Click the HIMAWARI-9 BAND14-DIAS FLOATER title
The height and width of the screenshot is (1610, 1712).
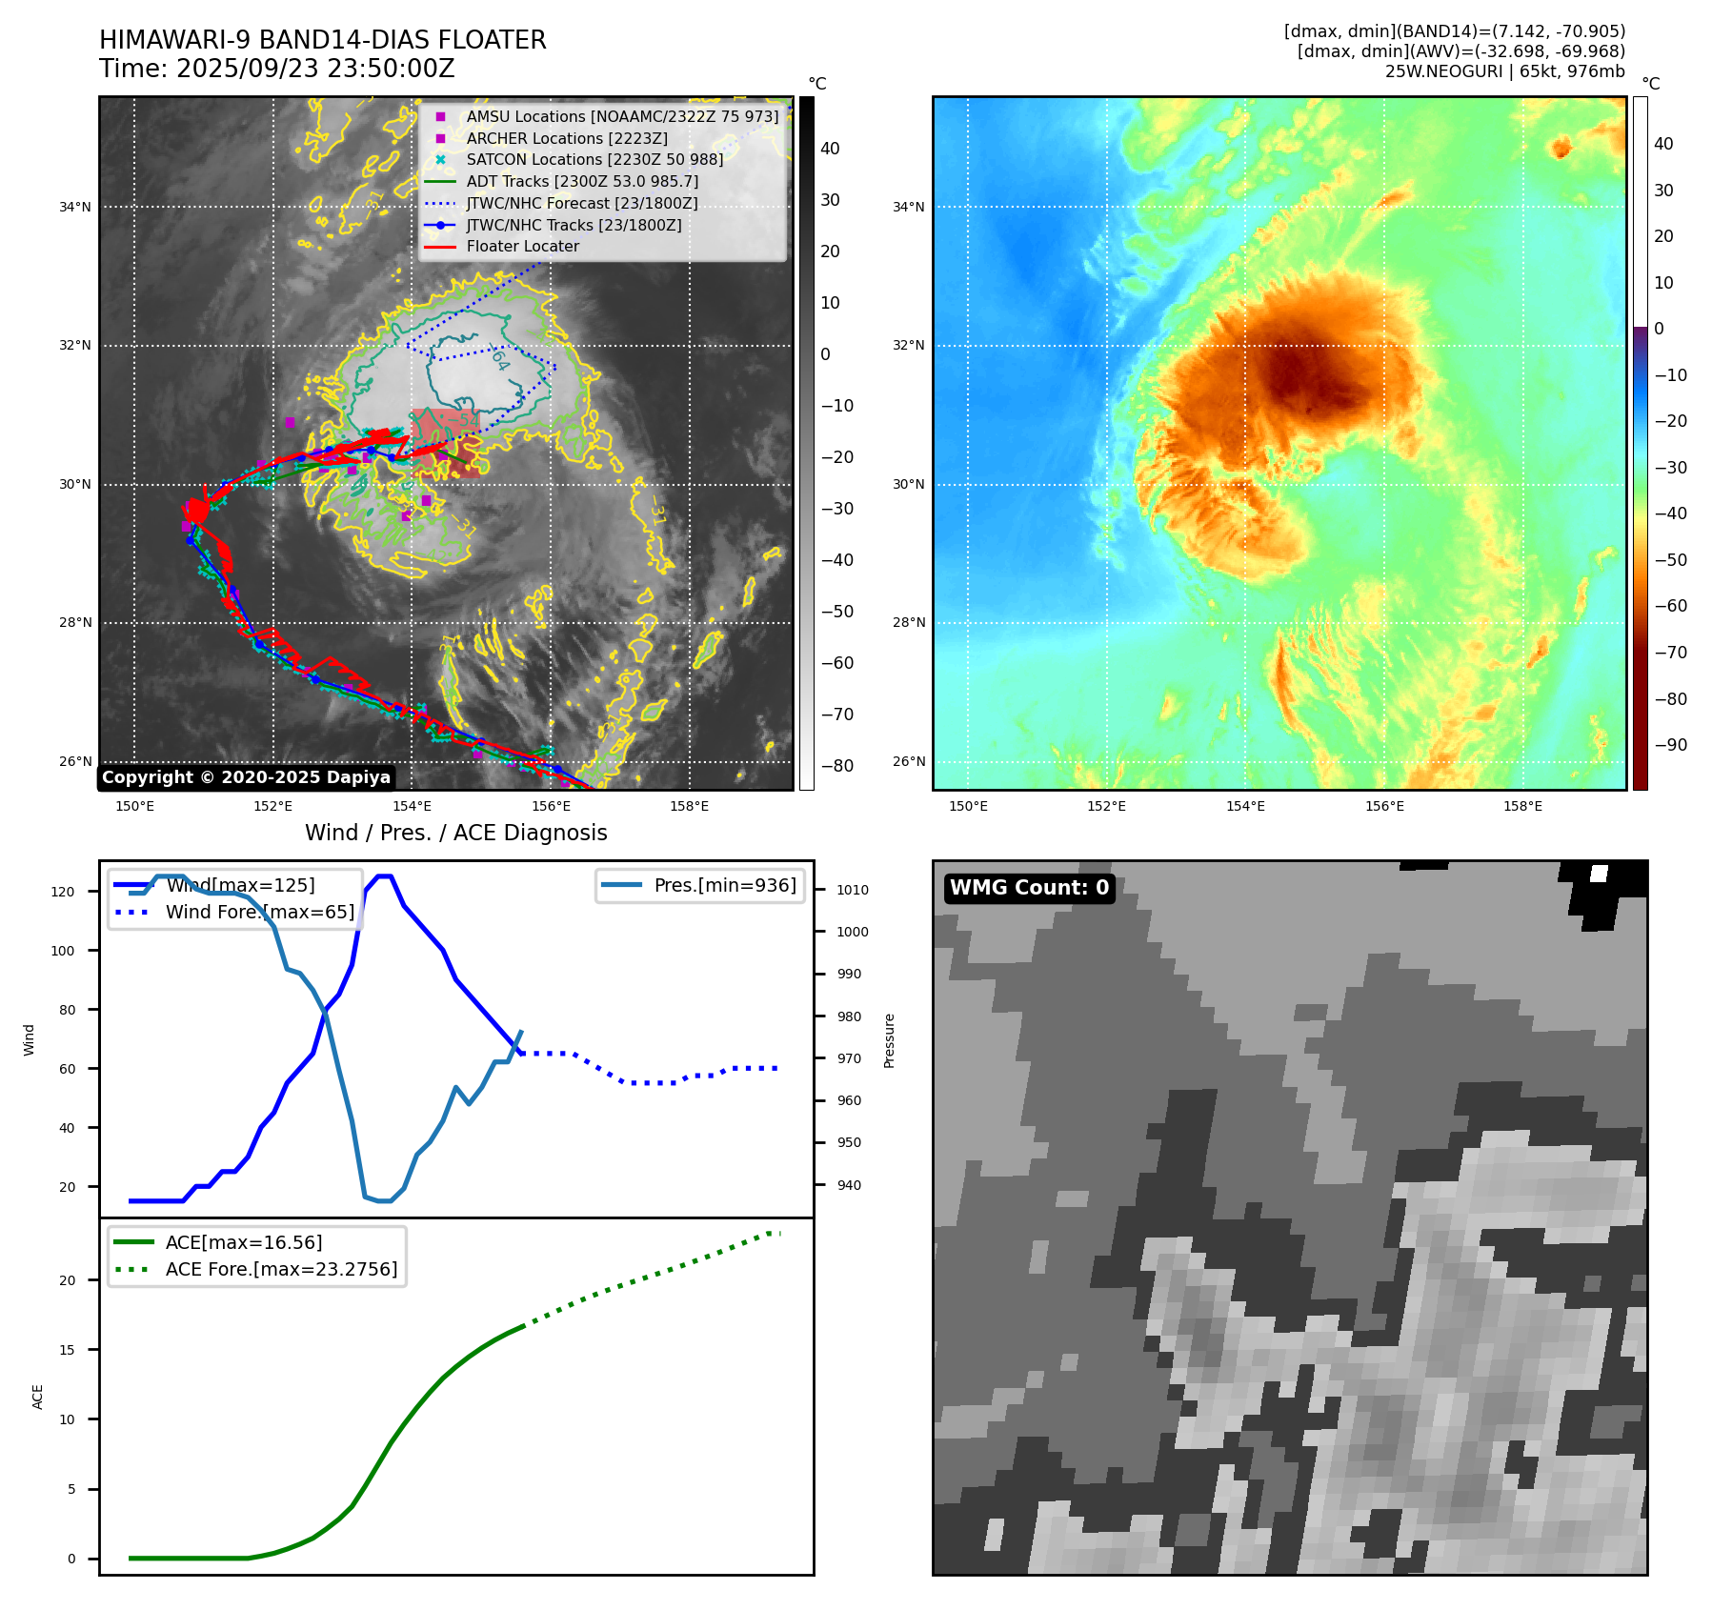pos(322,40)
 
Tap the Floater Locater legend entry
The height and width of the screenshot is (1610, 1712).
pos(522,247)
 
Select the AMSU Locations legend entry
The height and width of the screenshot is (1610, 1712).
pos(621,116)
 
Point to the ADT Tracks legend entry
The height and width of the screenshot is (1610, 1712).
pos(582,181)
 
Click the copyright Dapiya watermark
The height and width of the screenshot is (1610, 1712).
pos(246,777)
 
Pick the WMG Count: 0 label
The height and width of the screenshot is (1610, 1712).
pos(1029,888)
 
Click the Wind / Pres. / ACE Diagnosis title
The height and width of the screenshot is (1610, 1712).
pos(455,833)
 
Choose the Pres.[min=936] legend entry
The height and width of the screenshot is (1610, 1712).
pos(724,885)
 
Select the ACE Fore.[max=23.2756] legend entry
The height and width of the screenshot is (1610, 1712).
pos(281,1269)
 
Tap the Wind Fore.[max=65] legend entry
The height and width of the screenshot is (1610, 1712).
pos(259,912)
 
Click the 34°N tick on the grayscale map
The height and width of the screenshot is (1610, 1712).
pos(75,207)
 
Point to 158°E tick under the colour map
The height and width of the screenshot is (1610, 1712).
pos(1522,806)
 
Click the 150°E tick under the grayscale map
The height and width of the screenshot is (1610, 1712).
pos(134,806)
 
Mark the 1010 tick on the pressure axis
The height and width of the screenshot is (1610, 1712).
pos(853,891)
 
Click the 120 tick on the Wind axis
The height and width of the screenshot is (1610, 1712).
pos(63,893)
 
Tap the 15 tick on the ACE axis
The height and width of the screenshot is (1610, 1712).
pos(67,1350)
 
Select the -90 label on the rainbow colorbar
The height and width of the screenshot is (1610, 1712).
pos(1670,745)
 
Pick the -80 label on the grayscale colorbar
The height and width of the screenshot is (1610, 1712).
pos(837,766)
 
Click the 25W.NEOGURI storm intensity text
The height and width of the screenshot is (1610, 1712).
pos(1504,71)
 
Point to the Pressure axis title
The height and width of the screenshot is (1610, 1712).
pos(889,1040)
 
